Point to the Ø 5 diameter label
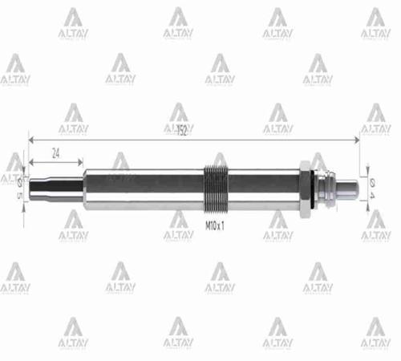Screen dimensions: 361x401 point(18,188)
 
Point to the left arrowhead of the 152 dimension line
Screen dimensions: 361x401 point(31,140)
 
